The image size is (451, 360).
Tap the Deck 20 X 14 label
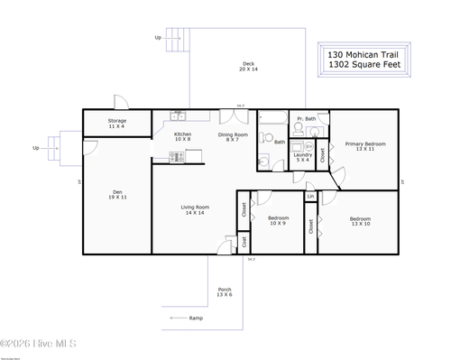pyautogui.click(x=248, y=66)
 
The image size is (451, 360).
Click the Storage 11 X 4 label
pyautogui.click(x=117, y=123)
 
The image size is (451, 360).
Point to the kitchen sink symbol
pyautogui.click(x=179, y=115)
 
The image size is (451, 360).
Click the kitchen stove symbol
pyautogui.click(x=177, y=157)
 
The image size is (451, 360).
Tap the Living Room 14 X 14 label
pyautogui.click(x=194, y=210)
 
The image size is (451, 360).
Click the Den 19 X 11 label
pyautogui.click(x=117, y=193)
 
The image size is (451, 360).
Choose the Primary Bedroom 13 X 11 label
pyautogui.click(x=365, y=146)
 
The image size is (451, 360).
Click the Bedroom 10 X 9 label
pyautogui.click(x=279, y=221)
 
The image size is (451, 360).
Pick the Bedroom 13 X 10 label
pyautogui.click(x=360, y=221)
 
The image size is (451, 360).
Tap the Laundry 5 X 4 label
pyautogui.click(x=303, y=158)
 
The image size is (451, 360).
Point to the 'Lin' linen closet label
pyautogui.click(x=310, y=196)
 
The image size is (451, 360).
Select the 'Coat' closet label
pyautogui.click(x=244, y=241)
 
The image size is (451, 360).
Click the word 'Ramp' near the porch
pyautogui.click(x=196, y=318)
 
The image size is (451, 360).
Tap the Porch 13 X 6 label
pyautogui.click(x=225, y=292)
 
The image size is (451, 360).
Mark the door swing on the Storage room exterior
pyautogui.click(x=118, y=102)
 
